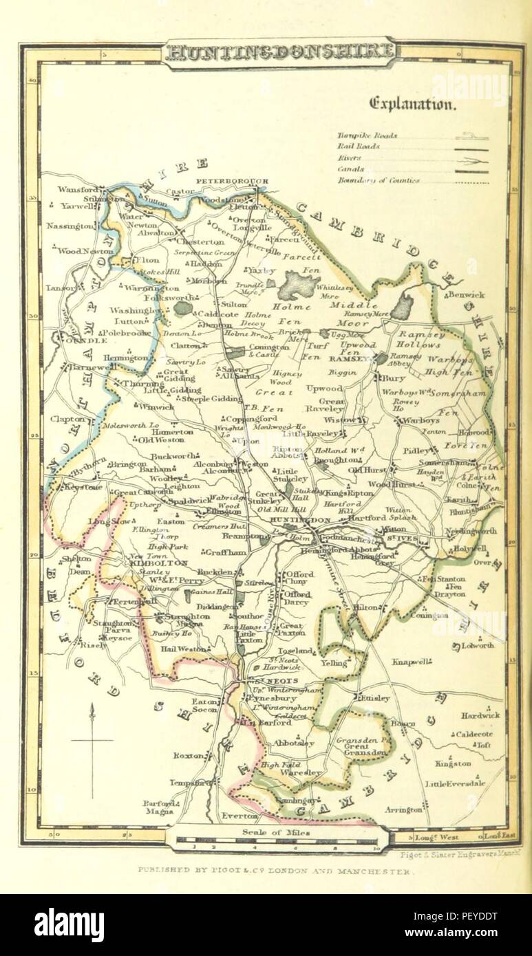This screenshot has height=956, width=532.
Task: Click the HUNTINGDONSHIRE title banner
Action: pyautogui.click(x=279, y=51)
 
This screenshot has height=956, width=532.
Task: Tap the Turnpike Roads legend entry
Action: pyautogui.click(x=367, y=135)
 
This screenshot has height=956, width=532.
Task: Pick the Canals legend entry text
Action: pyautogui.click(x=351, y=169)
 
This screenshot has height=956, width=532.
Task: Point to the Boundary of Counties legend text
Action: pyautogui.click(x=378, y=181)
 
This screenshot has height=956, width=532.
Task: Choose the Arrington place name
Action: pyautogui.click(x=403, y=810)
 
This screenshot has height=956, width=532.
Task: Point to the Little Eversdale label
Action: pyautogui.click(x=455, y=783)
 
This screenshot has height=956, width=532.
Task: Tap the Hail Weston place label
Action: pyautogui.click(x=182, y=648)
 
